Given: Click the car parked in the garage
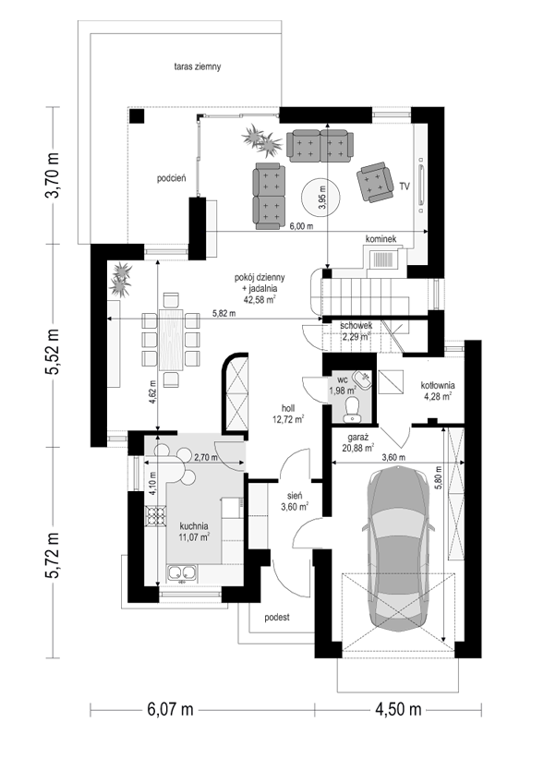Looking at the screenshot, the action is [x=398, y=548].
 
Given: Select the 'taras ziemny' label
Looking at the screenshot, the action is [x=198, y=66].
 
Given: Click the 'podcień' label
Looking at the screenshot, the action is [x=171, y=178].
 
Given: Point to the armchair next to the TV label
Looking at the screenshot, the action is [x=374, y=182].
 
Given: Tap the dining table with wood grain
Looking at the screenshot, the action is [x=171, y=340].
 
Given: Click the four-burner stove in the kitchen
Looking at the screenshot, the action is [x=156, y=515].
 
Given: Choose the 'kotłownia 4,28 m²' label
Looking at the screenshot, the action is [x=437, y=391].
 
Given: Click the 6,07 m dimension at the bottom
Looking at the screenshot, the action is [x=170, y=710].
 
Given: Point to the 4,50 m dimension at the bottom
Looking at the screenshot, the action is [x=398, y=710].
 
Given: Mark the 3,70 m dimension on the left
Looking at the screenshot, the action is [x=53, y=175].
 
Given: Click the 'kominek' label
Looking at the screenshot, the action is [x=381, y=239].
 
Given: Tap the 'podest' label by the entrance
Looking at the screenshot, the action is [x=277, y=618].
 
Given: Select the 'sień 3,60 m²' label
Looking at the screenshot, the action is [x=295, y=501].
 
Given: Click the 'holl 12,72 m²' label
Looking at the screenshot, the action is [x=288, y=415].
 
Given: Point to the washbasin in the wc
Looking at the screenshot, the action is [x=361, y=378].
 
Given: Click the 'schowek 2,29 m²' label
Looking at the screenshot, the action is [x=356, y=331].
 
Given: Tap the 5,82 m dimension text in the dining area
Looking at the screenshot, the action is [x=224, y=313].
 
